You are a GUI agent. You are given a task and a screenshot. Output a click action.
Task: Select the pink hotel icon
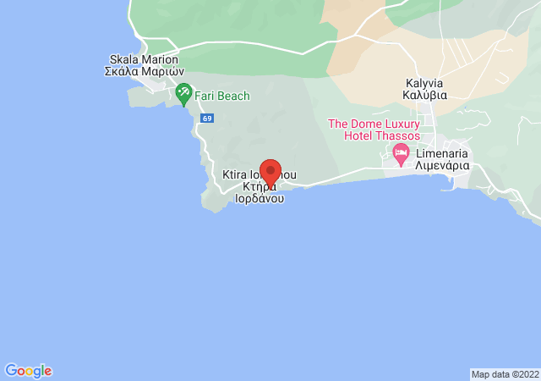(401, 153)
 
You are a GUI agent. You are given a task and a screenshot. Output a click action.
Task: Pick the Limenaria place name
(441, 154)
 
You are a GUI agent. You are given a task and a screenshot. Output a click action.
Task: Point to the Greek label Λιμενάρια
(441, 167)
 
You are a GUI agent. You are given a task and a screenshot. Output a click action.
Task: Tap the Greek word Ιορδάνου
(259, 201)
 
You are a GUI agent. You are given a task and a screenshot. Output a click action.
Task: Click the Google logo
(28, 371)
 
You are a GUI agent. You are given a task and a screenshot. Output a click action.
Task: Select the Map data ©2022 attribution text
(504, 374)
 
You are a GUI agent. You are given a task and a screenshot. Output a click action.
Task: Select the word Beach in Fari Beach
(233, 97)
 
